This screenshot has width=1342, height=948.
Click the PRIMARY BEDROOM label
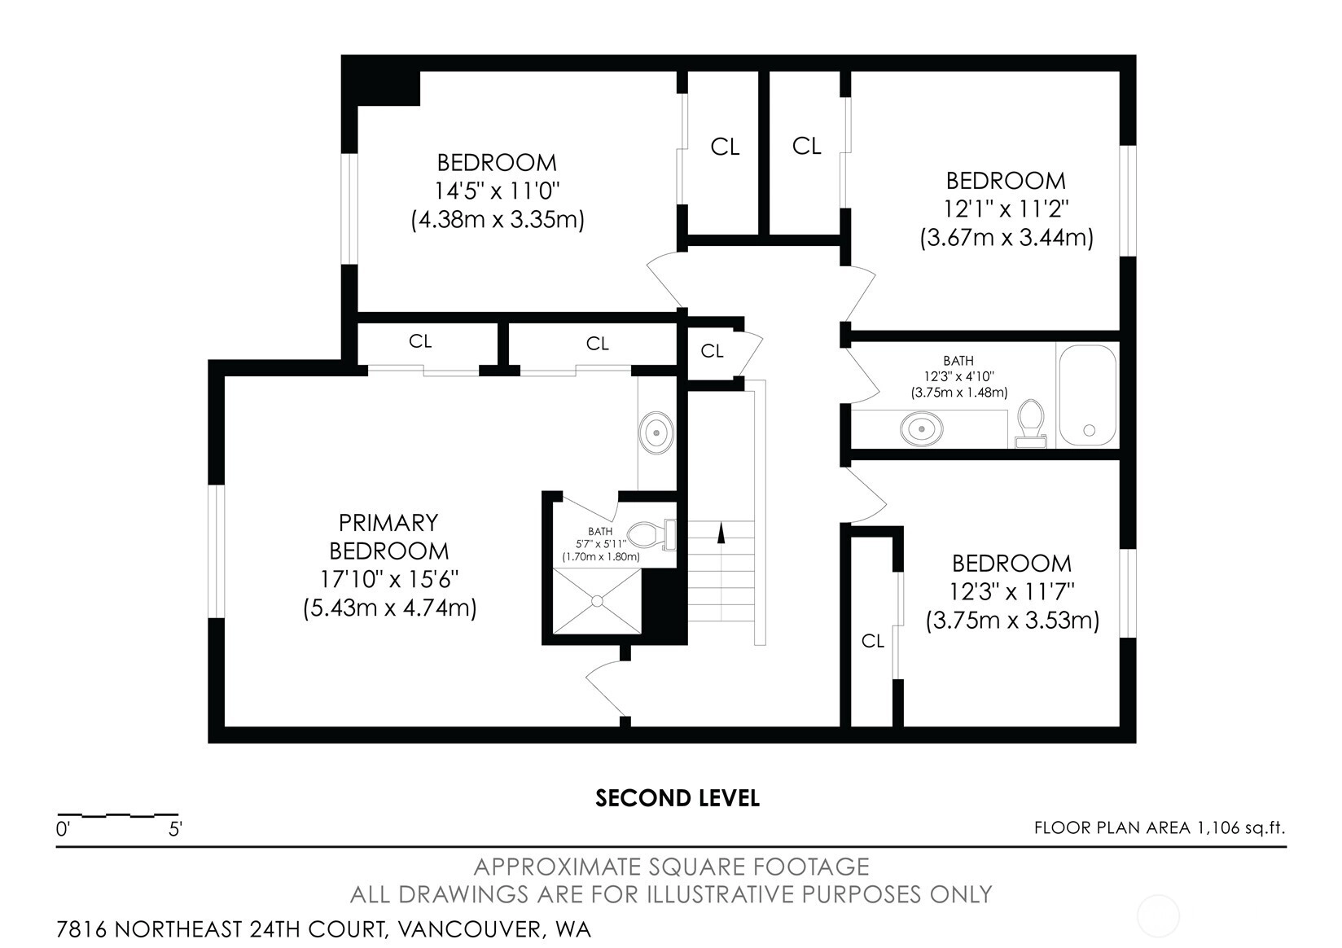pos(388,537)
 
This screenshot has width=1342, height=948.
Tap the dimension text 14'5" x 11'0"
pos(497,191)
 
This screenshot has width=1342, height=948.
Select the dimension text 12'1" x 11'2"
pos(1006,209)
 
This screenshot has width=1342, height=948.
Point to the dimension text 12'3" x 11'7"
pos(1012,592)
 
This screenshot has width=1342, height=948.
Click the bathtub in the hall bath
pos(1087,395)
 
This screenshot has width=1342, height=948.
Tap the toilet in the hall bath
pos(1030,424)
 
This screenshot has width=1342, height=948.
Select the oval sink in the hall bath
pos(922,429)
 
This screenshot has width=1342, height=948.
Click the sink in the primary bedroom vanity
pos(656,432)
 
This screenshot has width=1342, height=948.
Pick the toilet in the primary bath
pos(651,533)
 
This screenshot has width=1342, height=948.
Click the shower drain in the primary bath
pos(597,600)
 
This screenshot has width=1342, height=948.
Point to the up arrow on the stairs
pos(721,533)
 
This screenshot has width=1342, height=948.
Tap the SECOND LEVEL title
pos(677,798)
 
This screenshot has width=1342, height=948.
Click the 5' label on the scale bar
pos(175,829)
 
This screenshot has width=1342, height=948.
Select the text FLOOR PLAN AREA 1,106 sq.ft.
pos(1160,827)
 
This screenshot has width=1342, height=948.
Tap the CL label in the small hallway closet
pos(712,350)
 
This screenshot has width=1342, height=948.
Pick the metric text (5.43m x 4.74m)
pos(389,608)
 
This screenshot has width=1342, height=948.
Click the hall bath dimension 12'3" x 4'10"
pos(958,376)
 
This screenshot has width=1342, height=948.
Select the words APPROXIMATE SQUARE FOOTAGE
pos(671,867)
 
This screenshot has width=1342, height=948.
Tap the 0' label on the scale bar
pos(63,829)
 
